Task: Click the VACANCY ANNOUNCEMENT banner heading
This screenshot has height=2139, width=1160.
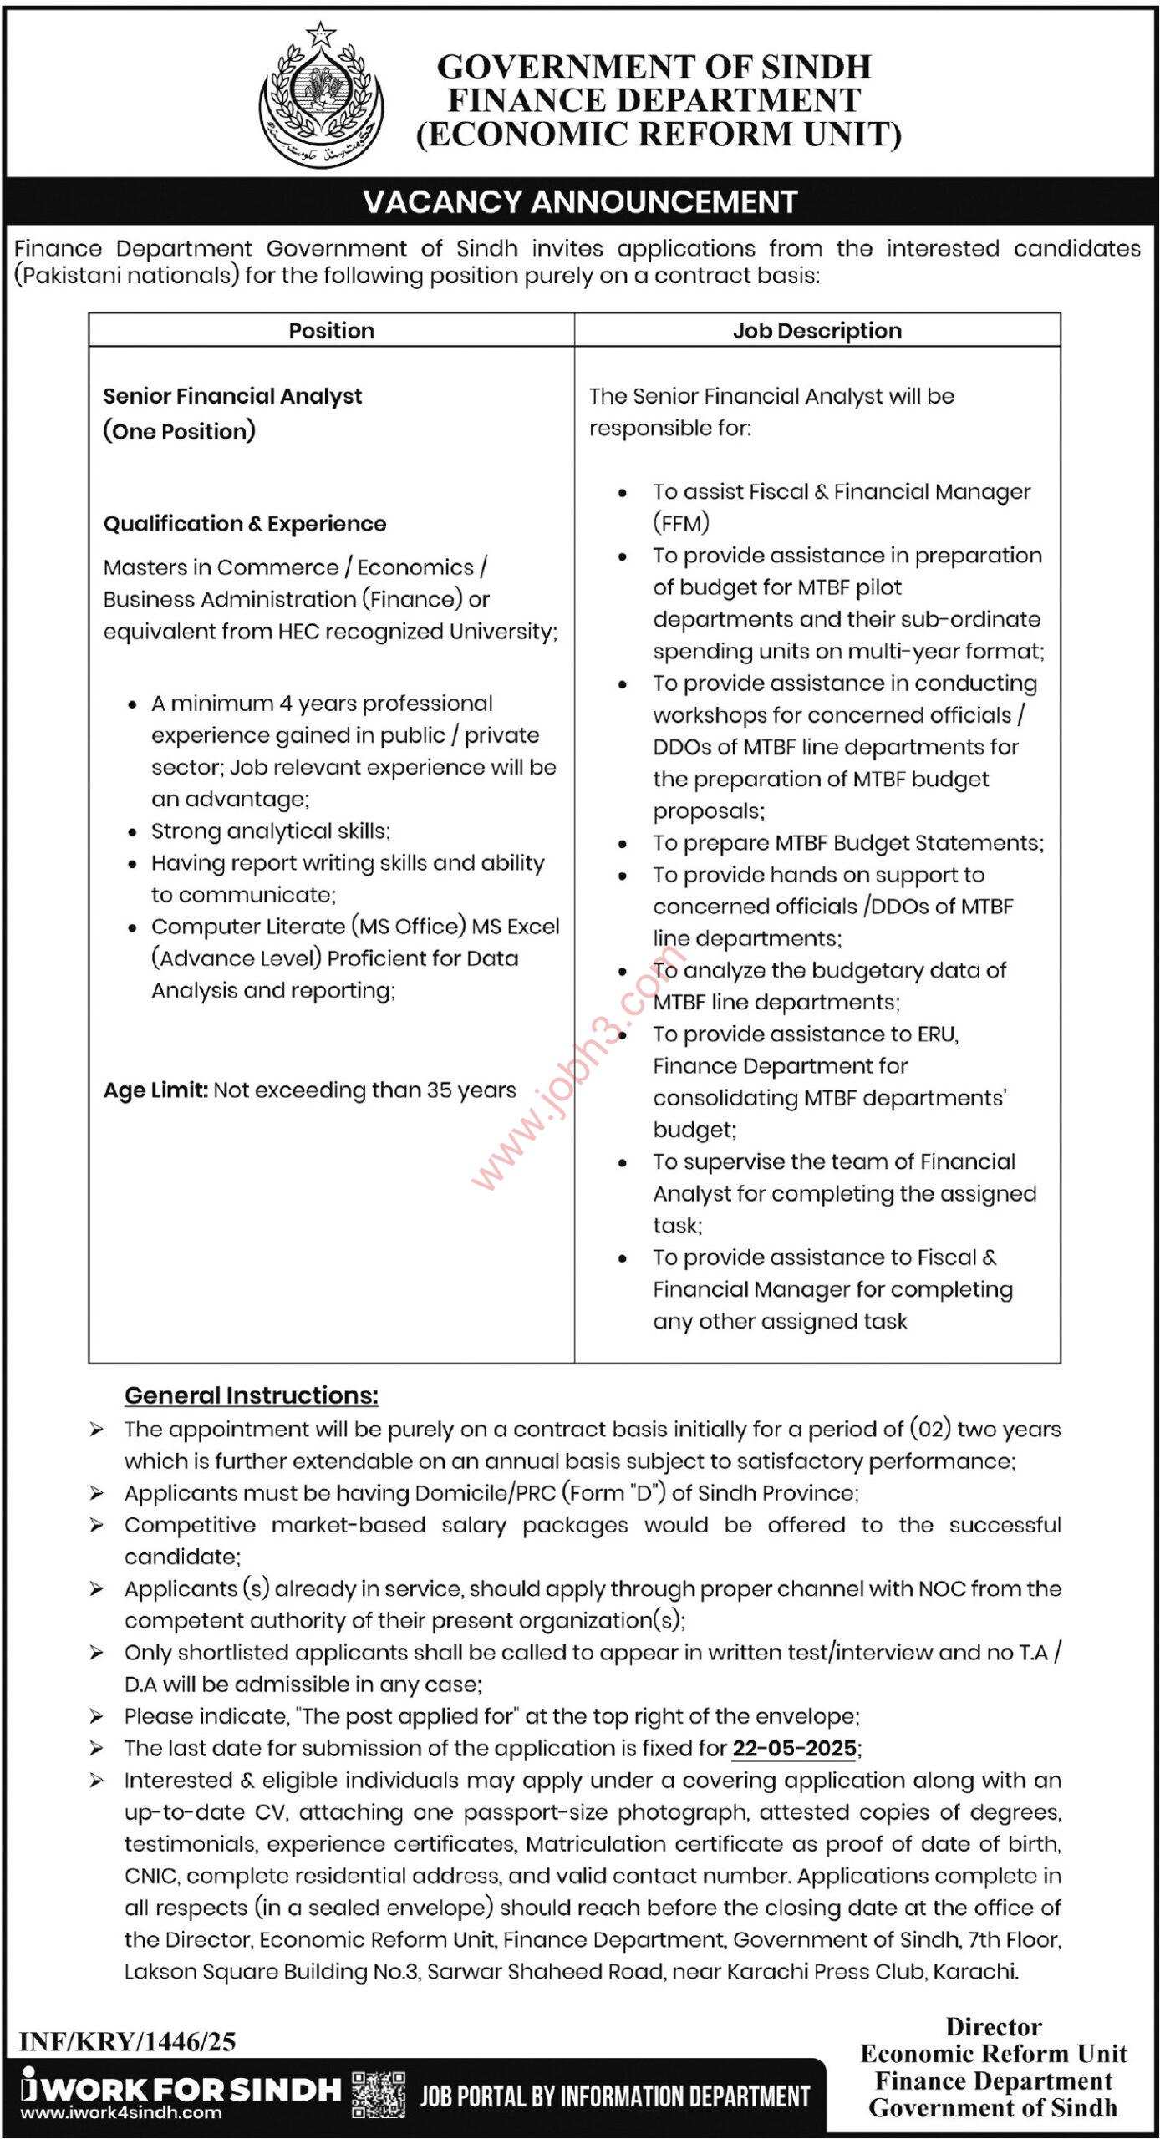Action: point(580,202)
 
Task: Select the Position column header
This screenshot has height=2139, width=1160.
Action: point(331,331)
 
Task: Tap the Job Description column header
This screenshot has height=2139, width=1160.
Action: point(817,331)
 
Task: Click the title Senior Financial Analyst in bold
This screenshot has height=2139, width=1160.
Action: point(232,396)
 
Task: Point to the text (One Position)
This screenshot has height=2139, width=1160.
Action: point(179,431)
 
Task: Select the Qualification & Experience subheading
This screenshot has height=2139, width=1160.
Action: point(244,524)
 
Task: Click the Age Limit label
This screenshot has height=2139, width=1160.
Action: point(155,1090)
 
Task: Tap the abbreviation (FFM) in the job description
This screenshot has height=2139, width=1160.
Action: point(681,523)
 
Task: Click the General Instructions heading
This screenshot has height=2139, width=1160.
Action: point(251,1395)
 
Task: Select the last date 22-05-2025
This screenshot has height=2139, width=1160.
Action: point(794,1748)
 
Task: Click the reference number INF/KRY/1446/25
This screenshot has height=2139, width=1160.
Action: point(127,2042)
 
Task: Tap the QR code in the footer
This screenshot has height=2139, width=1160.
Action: point(379,2094)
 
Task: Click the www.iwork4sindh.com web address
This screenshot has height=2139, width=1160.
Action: point(121,2113)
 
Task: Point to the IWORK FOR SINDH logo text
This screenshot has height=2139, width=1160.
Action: point(180,2089)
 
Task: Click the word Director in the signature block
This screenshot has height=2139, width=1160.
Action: point(993,2026)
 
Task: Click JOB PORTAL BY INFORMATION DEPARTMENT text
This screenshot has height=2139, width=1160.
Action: point(615,2096)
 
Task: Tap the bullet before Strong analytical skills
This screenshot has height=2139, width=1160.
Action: point(132,832)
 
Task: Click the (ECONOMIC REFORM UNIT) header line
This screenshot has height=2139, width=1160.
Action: point(659,135)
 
